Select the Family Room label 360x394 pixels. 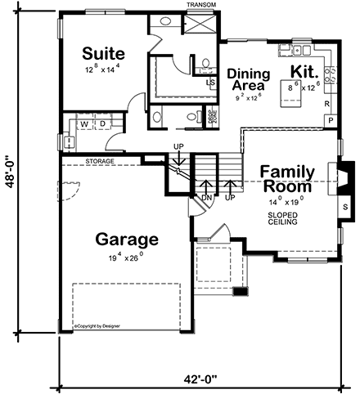click(x=287, y=178)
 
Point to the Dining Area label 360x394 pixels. click(x=247, y=78)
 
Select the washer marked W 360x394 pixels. click(x=83, y=124)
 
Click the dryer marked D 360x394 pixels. click(x=102, y=124)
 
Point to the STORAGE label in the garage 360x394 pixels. click(x=99, y=162)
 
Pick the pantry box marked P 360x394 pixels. click(x=331, y=121)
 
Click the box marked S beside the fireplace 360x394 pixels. click(x=344, y=207)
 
